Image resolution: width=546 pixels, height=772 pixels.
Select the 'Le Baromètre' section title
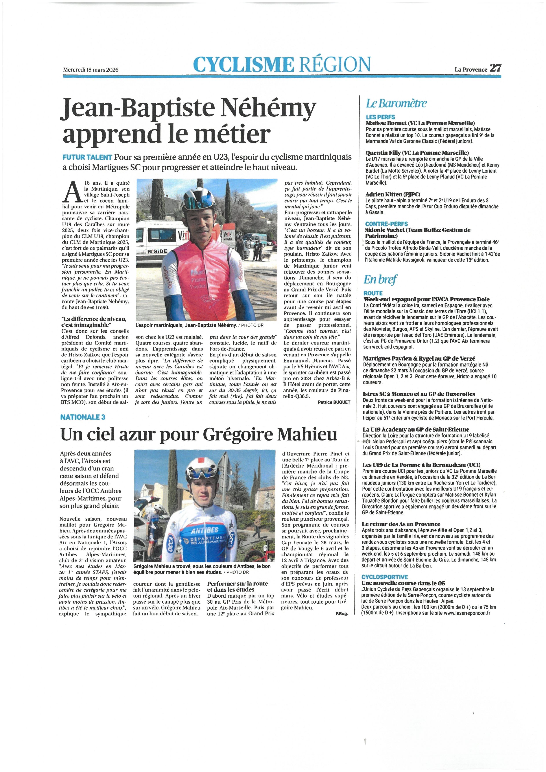click(396, 103)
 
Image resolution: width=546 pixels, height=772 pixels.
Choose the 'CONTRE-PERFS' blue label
click(387, 224)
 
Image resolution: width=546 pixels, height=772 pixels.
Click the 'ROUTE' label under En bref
click(373, 293)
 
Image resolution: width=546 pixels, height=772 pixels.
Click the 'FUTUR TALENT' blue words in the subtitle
click(87, 157)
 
